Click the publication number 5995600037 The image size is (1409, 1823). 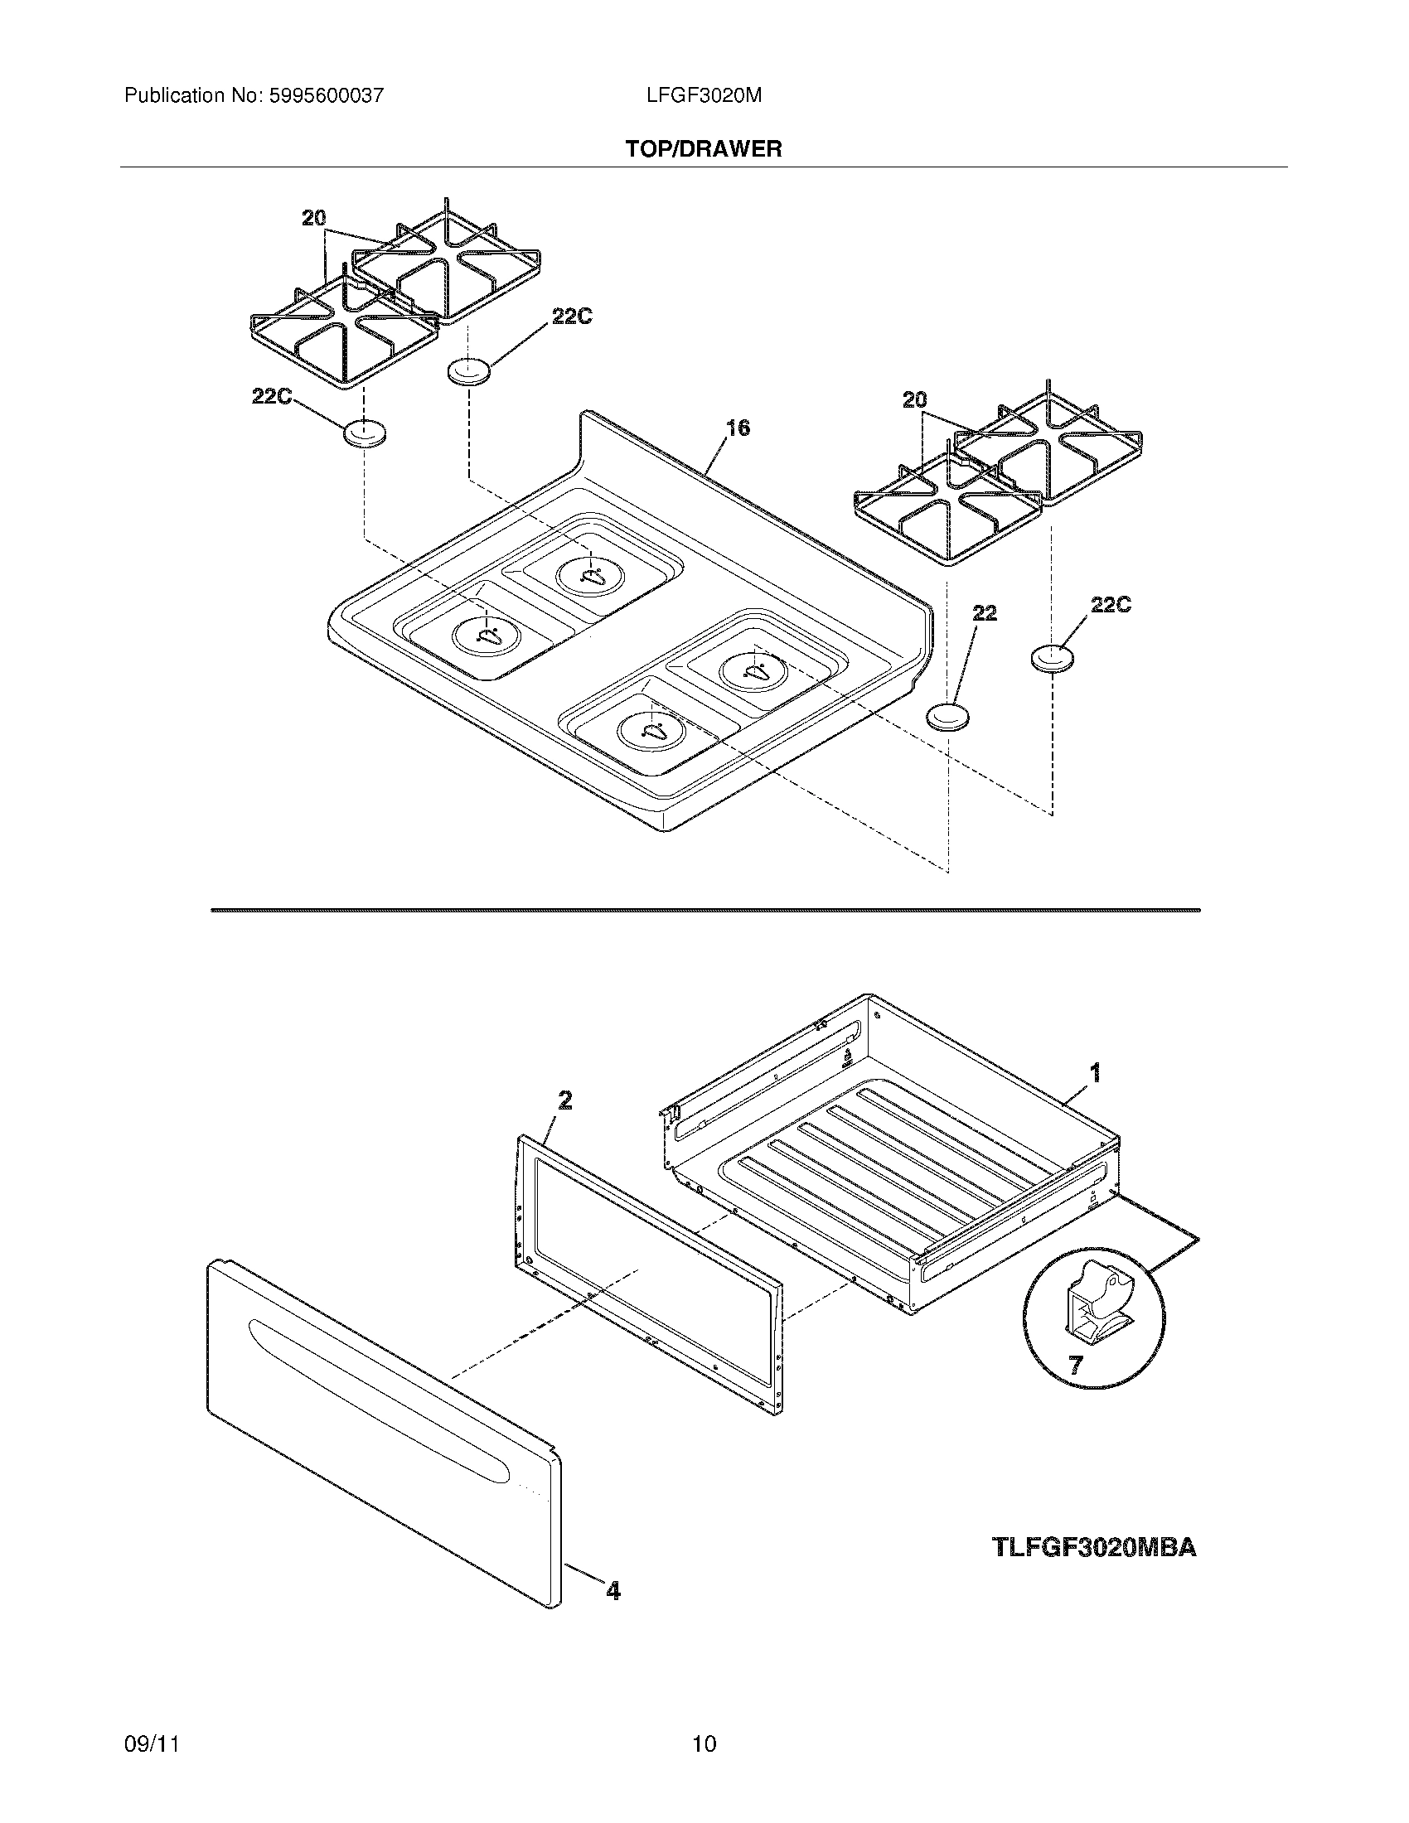tap(325, 96)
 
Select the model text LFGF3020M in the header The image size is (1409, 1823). tap(704, 96)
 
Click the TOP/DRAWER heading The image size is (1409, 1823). tap(704, 149)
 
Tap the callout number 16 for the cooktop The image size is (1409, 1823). tap(737, 428)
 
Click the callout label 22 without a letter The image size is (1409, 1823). tap(985, 613)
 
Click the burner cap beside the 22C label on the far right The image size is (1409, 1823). tap(1052, 657)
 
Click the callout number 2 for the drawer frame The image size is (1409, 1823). tap(565, 1101)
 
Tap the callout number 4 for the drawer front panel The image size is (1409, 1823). tap(613, 1592)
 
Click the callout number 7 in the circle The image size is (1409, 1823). tap(1076, 1366)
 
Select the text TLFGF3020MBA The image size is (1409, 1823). tap(1094, 1549)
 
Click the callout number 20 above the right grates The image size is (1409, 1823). tap(915, 401)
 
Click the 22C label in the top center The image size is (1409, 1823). tap(572, 317)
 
